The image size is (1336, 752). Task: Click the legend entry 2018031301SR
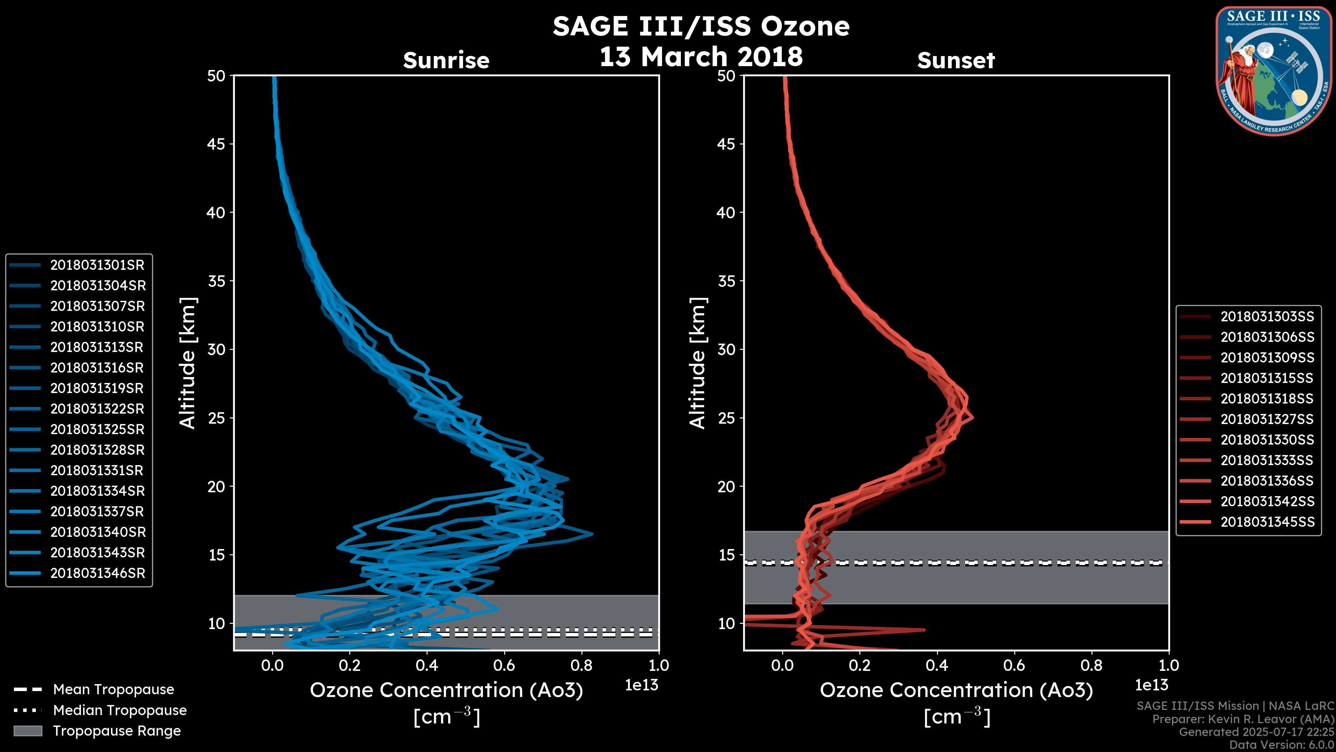tap(97, 265)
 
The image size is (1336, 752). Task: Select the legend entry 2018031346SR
tap(97, 573)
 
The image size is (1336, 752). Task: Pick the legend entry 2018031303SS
tap(1267, 316)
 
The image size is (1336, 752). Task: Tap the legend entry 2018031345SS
tap(1267, 522)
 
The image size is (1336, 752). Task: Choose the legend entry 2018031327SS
tap(1267, 419)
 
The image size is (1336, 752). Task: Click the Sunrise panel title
tap(446, 61)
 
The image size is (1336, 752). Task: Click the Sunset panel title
tap(956, 61)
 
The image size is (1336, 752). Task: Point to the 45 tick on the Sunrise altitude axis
tap(217, 144)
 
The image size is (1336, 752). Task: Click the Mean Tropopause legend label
tap(113, 690)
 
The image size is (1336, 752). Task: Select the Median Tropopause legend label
tap(120, 711)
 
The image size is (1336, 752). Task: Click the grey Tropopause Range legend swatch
tap(27, 731)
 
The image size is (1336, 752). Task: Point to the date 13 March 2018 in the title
tap(701, 56)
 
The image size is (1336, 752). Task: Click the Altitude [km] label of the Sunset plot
tap(698, 363)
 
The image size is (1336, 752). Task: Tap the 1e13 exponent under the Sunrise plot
tap(641, 686)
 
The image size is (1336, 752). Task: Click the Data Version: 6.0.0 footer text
tap(1281, 745)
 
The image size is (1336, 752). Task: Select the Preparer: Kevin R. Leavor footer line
tap(1243, 719)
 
